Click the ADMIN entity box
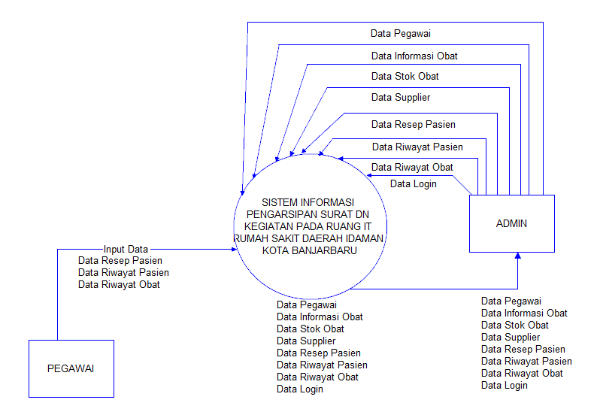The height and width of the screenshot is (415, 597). pos(511,223)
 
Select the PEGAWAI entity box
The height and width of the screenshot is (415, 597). pos(71,368)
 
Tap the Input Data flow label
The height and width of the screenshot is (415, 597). pos(126,249)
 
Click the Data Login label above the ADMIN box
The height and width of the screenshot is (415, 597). pos(413,183)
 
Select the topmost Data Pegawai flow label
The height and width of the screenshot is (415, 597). pos(400,33)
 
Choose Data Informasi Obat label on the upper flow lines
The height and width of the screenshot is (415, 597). pos(414,56)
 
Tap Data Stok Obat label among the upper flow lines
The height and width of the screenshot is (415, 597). pos(405,76)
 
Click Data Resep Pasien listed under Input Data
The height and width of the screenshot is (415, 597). pos(120,261)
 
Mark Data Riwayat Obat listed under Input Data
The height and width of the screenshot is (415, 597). pos(119,285)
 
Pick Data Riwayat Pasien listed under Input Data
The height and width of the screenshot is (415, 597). pos(123,273)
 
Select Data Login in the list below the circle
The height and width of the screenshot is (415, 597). pos(299,389)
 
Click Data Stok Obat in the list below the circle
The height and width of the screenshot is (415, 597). pos(310,329)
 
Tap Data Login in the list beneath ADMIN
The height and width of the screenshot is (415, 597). pos(504,386)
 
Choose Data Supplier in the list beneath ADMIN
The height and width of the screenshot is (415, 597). pos(510,338)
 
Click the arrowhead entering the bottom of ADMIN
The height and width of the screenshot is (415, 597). pos(517,257)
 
